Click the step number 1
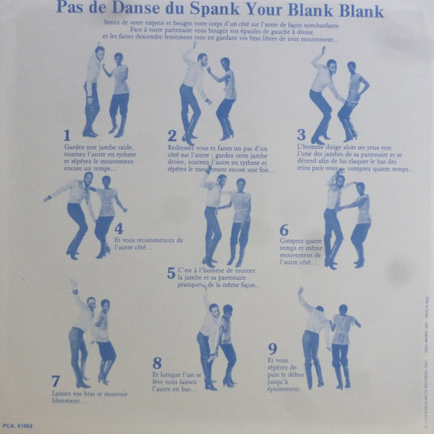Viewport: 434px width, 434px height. [x=67, y=135]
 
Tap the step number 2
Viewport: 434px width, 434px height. [x=172, y=135]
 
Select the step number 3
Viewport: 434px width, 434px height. [x=301, y=134]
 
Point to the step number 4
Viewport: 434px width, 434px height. [x=119, y=228]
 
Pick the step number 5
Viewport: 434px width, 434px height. [x=171, y=273]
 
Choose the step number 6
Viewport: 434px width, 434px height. [x=284, y=230]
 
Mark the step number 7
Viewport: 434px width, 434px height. [x=56, y=380]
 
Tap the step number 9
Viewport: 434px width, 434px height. [x=272, y=348]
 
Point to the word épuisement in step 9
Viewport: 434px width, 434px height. [x=283, y=389]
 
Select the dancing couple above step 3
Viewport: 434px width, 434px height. [x=336, y=94]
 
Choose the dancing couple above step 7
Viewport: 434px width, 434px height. [x=92, y=333]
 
